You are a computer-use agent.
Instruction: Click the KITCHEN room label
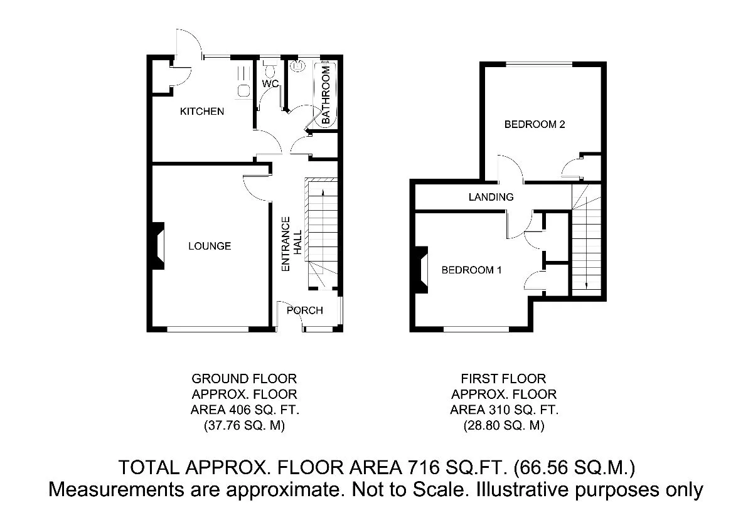[x=201, y=111]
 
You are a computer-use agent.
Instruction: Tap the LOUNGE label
[x=210, y=246]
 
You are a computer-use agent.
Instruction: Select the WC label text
[x=270, y=83]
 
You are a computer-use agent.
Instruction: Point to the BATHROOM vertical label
[x=326, y=95]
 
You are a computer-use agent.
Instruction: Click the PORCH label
[x=304, y=310]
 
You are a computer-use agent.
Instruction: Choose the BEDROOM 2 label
[x=535, y=124]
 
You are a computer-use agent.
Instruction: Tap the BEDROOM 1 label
[x=471, y=270]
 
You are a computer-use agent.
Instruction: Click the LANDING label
[x=491, y=197]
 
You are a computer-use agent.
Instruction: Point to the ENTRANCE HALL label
[x=291, y=244]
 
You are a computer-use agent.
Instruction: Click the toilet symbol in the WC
[x=269, y=68]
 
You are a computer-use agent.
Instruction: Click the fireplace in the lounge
[x=158, y=246]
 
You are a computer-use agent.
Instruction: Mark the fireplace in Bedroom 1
[x=422, y=270]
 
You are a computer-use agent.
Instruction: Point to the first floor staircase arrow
[x=587, y=243]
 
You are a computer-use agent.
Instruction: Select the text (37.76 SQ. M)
[x=244, y=425]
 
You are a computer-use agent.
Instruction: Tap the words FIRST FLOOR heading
[x=503, y=379]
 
